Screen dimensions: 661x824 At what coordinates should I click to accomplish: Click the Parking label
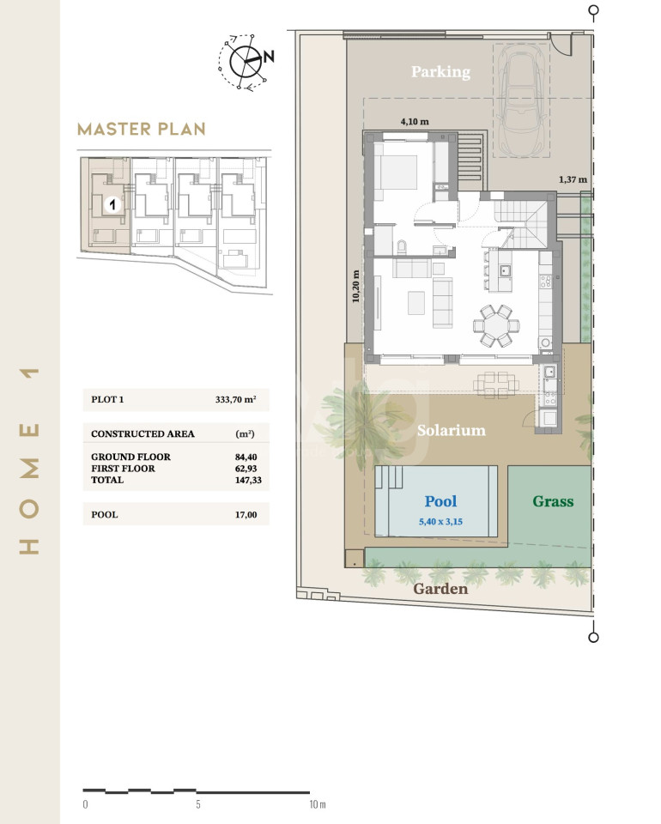[440, 71]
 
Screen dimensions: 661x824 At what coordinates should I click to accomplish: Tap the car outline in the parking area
[522, 100]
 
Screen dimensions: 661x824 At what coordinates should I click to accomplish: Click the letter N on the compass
[269, 57]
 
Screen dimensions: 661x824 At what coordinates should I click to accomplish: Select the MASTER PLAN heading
[142, 129]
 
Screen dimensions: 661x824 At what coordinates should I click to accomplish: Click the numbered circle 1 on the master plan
[112, 204]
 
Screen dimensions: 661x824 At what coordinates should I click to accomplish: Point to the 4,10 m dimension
[415, 121]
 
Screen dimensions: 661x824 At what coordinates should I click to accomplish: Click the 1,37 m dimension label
[573, 179]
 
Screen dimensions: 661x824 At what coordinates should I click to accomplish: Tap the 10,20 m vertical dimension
[355, 286]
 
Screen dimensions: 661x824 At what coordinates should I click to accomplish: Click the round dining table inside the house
[496, 325]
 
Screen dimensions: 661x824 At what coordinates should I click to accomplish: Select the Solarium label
[452, 430]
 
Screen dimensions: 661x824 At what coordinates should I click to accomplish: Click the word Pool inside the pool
[440, 501]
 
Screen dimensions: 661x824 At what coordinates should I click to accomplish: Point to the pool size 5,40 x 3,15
[440, 522]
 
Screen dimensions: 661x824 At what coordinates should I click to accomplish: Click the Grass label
[553, 501]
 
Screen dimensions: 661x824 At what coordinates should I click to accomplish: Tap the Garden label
[440, 589]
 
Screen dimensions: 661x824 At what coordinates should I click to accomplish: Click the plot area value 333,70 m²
[235, 399]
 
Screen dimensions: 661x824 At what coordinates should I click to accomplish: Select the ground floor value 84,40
[246, 457]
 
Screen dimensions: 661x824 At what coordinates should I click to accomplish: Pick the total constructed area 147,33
[248, 481]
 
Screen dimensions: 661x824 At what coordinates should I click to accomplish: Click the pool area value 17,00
[246, 515]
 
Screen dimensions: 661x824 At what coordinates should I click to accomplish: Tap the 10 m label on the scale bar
[318, 804]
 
